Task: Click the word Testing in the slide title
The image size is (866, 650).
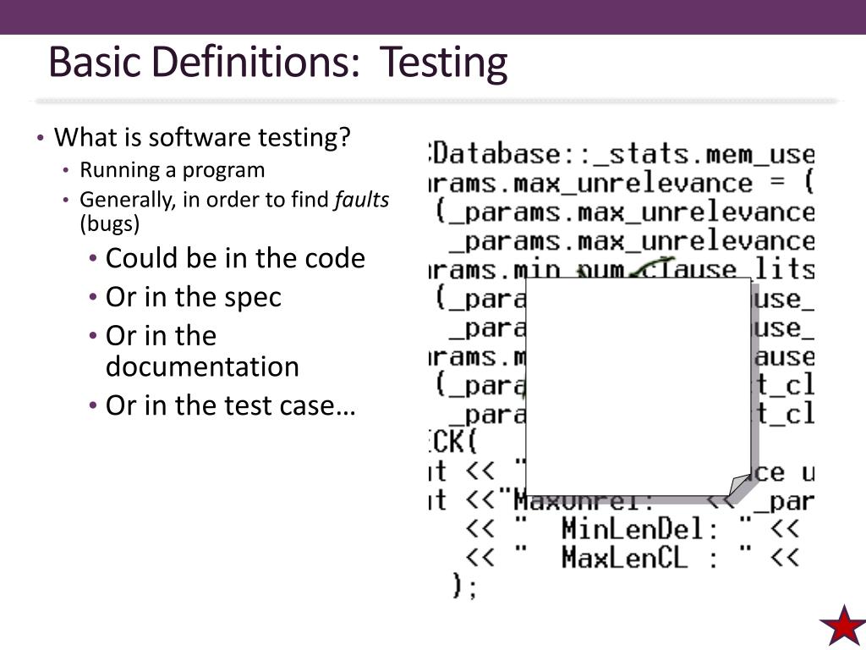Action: coord(443,64)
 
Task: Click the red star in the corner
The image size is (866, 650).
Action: coord(841,625)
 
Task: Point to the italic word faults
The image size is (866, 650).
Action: coord(362,200)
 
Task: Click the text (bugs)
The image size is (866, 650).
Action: coord(110,224)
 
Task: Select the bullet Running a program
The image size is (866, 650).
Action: coord(172,170)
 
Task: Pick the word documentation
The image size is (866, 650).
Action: coord(202,367)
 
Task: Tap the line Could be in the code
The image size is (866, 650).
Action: coord(235,258)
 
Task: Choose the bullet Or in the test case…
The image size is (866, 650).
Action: coord(230,406)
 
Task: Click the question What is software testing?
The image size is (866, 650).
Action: coord(201,137)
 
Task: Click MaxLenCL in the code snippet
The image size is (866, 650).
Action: coord(624,558)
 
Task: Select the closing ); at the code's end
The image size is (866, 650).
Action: coord(465,586)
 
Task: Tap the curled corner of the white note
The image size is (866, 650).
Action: coord(739,485)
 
